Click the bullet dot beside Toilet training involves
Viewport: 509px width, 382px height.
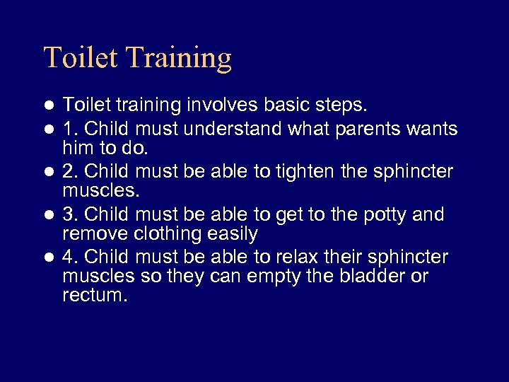click(x=49, y=106)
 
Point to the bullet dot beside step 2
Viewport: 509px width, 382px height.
click(x=49, y=172)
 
